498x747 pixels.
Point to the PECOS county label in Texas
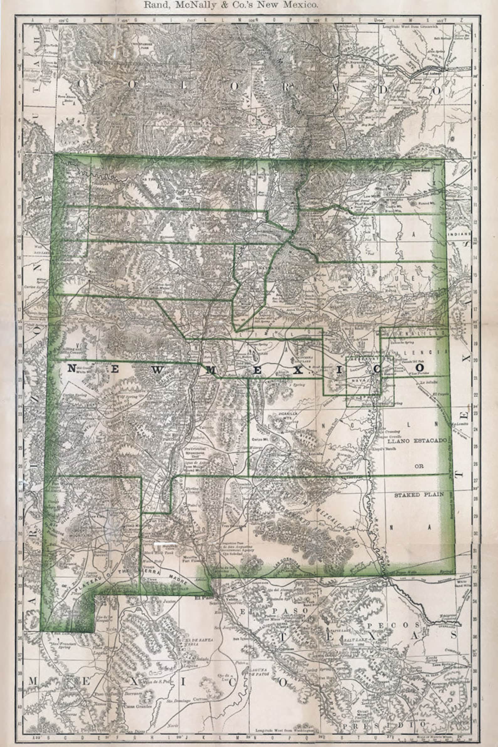[x=394, y=625]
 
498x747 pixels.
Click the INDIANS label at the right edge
[x=459, y=233]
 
